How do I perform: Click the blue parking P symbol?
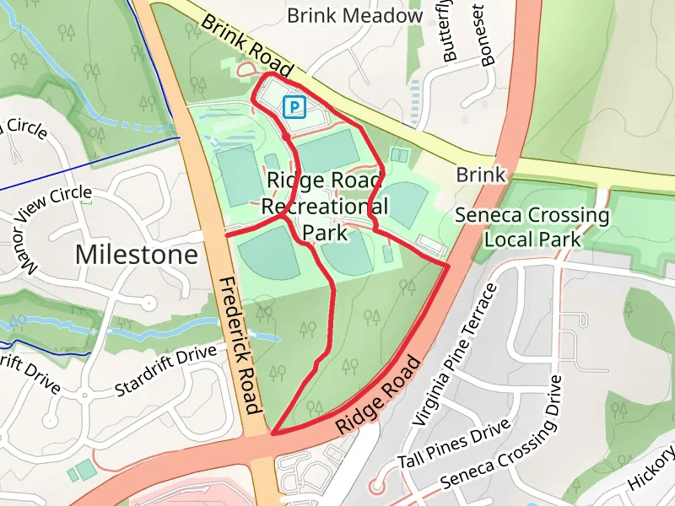[x=294, y=107]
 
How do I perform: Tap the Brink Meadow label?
[x=354, y=16]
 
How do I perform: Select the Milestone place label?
[x=137, y=254]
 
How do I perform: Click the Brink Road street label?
[x=247, y=44]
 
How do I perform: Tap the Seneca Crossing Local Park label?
[x=532, y=227]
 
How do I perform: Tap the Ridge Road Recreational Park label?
[x=325, y=206]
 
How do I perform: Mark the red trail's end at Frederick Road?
[x=227, y=235]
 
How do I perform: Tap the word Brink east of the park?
[x=480, y=175]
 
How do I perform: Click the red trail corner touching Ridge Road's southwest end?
[x=273, y=433]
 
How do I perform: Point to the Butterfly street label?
[x=450, y=34]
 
